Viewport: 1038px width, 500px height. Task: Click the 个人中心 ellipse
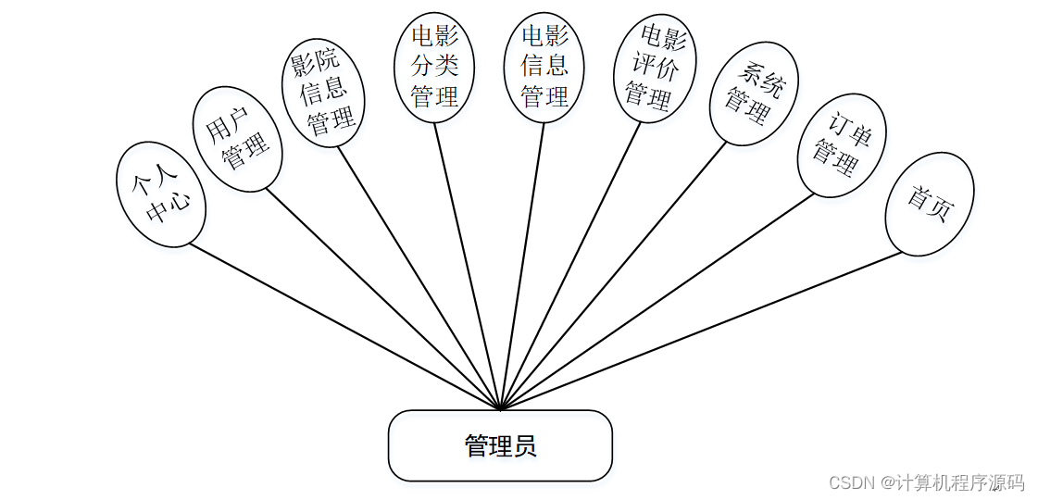[x=160, y=194]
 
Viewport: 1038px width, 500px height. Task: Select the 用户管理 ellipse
[x=238, y=139]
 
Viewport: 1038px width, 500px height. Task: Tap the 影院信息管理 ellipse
[x=324, y=92]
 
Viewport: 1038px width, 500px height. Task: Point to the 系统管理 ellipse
[x=754, y=94]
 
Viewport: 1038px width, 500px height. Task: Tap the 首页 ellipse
[x=930, y=204]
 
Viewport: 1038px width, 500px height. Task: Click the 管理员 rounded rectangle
[x=500, y=445]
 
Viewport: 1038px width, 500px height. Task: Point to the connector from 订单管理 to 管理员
[x=657, y=301]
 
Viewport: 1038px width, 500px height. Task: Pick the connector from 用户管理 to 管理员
[x=382, y=299]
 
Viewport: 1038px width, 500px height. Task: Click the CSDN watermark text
[x=926, y=482]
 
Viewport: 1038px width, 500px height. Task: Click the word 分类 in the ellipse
[x=435, y=64]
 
